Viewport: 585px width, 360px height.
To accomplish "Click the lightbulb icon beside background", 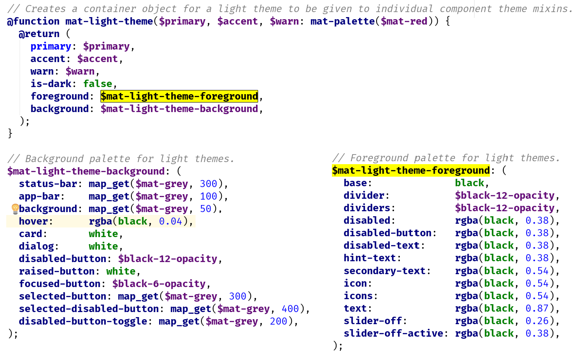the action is tap(15, 209).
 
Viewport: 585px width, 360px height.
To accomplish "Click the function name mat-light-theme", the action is tap(109, 21).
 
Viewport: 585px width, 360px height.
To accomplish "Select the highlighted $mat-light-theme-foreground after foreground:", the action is tap(179, 96).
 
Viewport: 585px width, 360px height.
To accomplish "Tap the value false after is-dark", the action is tap(98, 84).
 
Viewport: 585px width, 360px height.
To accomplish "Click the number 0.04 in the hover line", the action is tap(171, 221).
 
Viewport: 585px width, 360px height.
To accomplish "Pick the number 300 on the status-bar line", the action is tap(208, 184).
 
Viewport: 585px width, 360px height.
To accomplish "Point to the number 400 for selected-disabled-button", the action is tap(290, 309).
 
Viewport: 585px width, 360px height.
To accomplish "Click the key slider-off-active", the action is tap(393, 333).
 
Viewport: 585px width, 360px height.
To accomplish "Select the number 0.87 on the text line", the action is tap(537, 308).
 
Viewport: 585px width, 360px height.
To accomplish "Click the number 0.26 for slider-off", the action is tap(537, 321).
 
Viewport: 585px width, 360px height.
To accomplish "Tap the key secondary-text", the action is tap(384, 271).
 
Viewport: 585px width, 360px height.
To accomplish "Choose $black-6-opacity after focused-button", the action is tap(159, 284).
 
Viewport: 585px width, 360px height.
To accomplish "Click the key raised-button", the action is tap(57, 271).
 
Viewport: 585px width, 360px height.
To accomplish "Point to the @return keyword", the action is tap(39, 34).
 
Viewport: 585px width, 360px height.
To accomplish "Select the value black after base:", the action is tap(470, 183).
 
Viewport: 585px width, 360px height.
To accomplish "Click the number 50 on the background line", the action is tap(206, 209).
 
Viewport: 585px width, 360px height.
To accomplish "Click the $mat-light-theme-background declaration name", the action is tap(86, 171).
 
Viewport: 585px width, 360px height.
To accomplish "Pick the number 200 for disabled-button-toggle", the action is tap(279, 321).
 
